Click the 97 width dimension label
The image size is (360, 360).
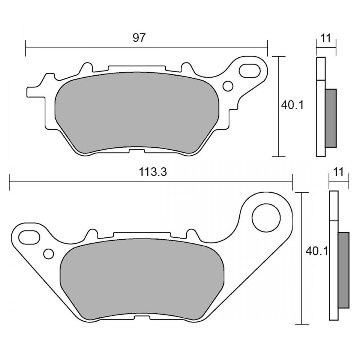click(139, 38)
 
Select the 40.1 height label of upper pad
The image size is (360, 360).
click(292, 105)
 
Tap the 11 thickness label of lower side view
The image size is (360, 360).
click(338, 172)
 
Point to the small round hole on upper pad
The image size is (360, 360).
click(228, 86)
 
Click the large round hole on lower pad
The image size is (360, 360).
click(266, 217)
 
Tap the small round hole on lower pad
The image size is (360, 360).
click(48, 254)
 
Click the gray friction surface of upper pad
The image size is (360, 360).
click(137, 112)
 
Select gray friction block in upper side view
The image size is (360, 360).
click(330, 118)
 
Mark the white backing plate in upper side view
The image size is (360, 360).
click(321, 112)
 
